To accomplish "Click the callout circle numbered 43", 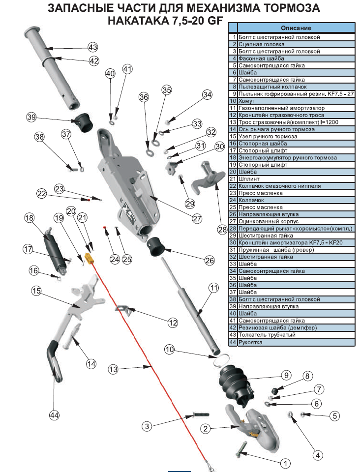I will [x=93, y=47].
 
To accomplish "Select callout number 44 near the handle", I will [x=54, y=415].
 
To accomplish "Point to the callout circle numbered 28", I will [x=223, y=229].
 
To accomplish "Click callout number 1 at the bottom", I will [x=284, y=463].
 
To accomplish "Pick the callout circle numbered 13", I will [x=113, y=368].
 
